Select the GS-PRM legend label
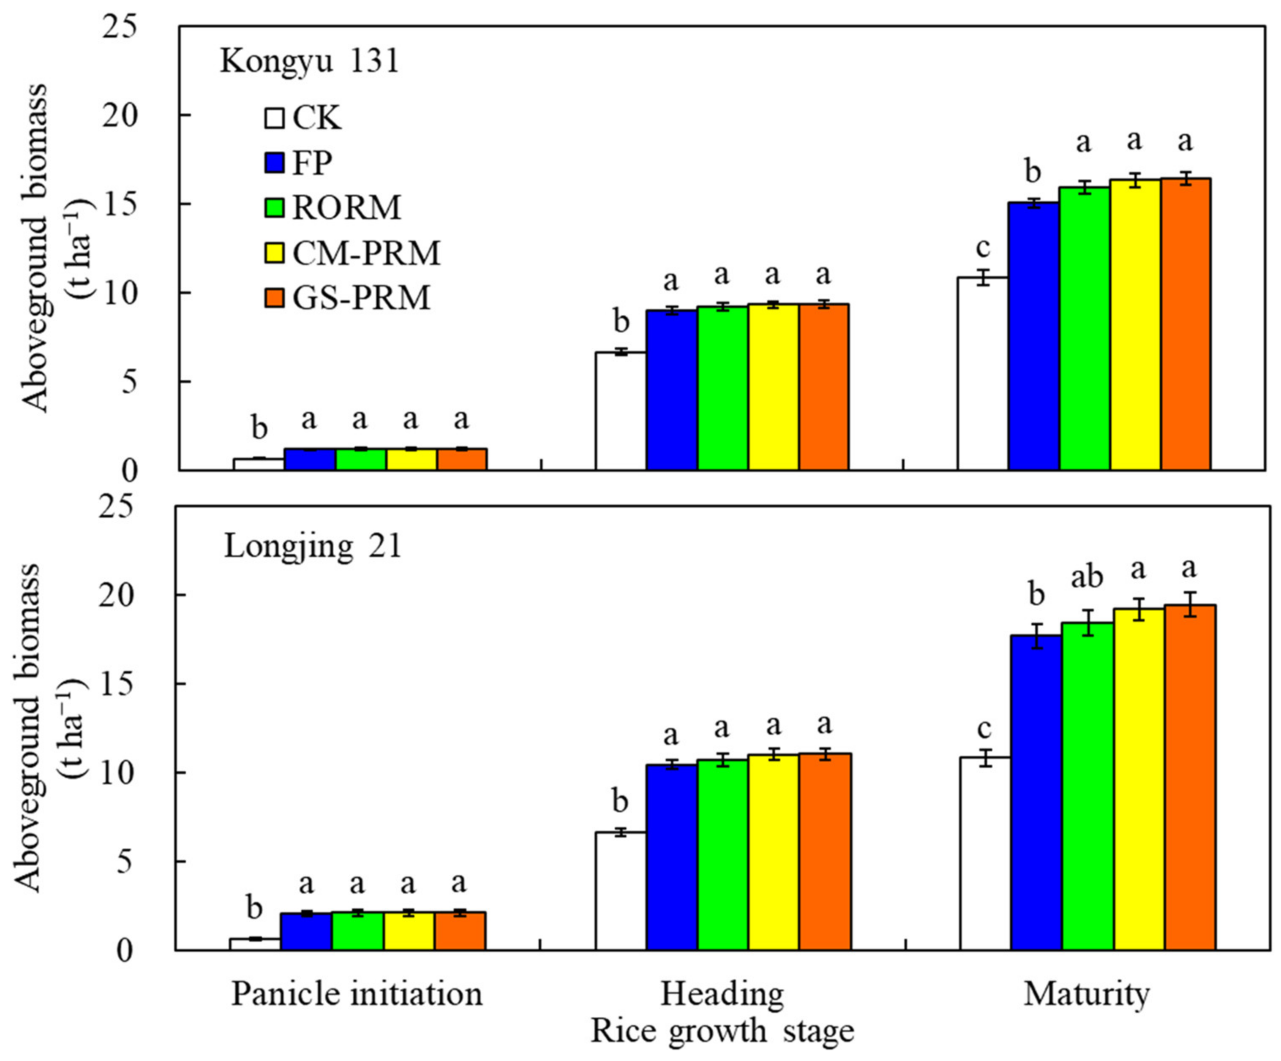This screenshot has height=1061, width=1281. tap(361, 298)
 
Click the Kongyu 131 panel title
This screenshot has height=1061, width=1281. tap(309, 62)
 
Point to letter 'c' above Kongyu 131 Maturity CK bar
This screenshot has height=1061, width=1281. tap(982, 248)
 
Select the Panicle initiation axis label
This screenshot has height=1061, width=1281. tap(357, 994)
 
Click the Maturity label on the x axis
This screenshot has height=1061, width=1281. tap(1086, 994)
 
